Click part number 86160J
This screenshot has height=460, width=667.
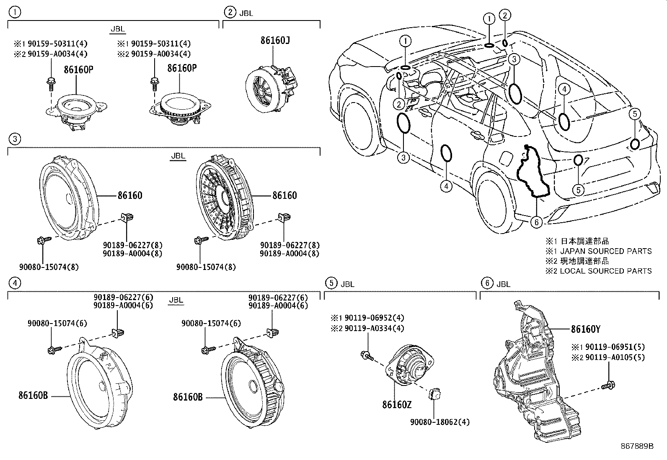pyautogui.click(x=275, y=41)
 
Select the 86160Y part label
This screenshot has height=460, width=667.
pyautogui.click(x=585, y=329)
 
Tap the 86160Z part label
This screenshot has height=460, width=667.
pyautogui.click(x=396, y=405)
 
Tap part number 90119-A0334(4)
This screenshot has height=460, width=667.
pyautogui.click(x=374, y=328)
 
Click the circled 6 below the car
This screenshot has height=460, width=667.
pyautogui.click(x=537, y=222)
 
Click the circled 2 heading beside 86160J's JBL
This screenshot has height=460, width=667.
pyautogui.click(x=230, y=12)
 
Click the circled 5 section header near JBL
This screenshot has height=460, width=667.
pyautogui.click(x=331, y=283)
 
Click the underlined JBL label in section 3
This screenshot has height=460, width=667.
pyautogui.click(x=178, y=156)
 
